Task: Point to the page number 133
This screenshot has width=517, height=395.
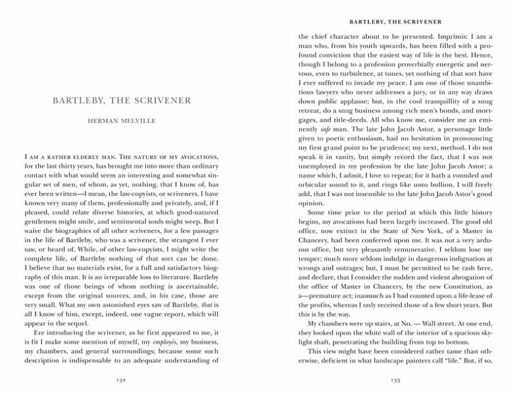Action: pyautogui.click(x=395, y=379)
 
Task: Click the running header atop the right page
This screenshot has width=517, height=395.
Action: pyautogui.click(x=395, y=13)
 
